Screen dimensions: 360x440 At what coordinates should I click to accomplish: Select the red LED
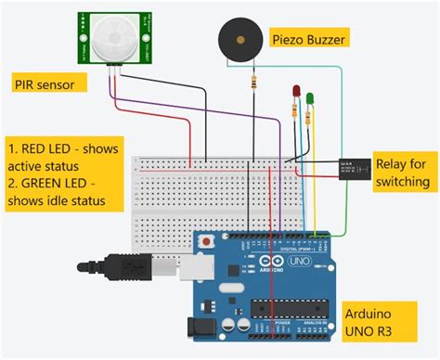click(296, 94)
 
